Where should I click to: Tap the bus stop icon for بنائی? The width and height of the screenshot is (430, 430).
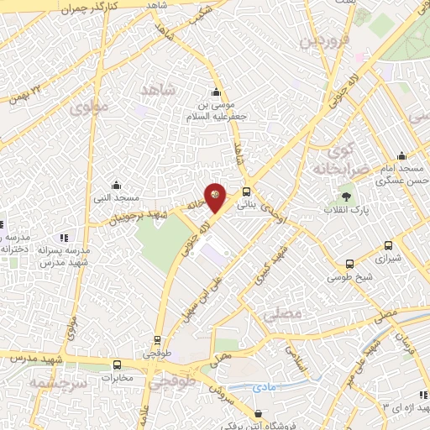point(246,191)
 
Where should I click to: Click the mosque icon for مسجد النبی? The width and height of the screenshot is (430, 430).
point(116,185)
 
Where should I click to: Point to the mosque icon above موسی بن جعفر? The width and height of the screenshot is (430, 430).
point(217,92)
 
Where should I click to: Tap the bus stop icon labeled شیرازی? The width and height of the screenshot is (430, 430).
point(387,246)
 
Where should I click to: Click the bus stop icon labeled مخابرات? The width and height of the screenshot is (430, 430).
point(117,364)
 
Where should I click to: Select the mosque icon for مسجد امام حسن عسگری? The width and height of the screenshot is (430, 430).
point(401,155)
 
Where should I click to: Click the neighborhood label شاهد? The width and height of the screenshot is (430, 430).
point(160,89)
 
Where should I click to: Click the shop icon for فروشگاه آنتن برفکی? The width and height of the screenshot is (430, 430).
point(257,413)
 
